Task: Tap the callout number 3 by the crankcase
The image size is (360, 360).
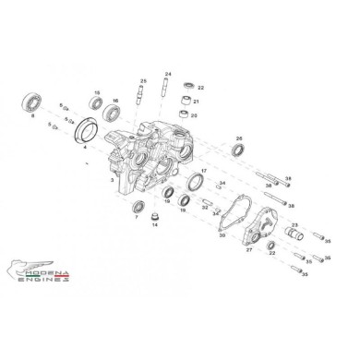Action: click(112, 182)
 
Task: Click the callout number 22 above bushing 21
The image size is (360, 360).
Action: click(200, 88)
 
